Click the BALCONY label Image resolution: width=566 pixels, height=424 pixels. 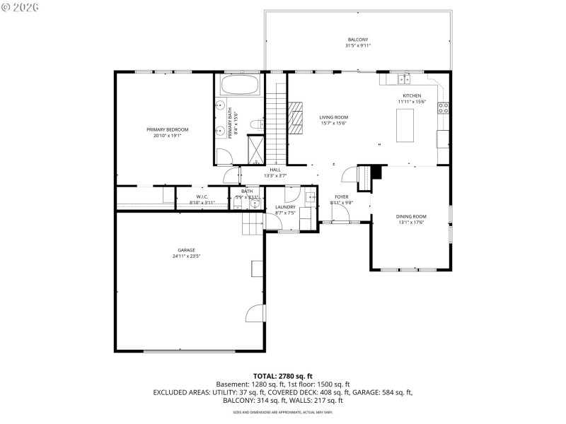pos(357,40)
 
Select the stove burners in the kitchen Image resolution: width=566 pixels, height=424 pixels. pos(444,108)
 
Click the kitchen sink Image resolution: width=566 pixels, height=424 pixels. pos(403,78)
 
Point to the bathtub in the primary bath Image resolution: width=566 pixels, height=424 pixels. pos(241,86)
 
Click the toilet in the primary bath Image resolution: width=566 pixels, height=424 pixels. pos(256,125)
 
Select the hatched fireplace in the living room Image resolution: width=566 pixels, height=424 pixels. pos(294,117)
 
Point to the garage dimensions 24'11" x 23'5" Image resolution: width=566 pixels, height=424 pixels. pos(186,257)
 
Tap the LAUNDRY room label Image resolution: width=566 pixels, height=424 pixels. pos(285,206)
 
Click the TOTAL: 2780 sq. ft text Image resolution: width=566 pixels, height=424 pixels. pos(282,375)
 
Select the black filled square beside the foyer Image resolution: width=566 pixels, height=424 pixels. pos(376,171)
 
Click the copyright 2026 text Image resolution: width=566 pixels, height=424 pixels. pos(21,7)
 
